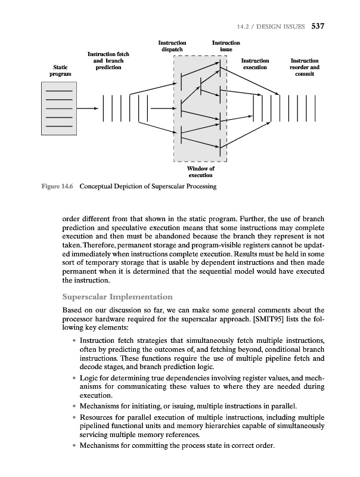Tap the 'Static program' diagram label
60,71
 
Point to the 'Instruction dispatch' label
172,47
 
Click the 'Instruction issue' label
226,47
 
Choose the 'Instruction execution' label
255,64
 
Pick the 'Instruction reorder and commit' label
305,68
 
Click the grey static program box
59,109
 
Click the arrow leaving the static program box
88,109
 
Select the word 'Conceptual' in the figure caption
99,186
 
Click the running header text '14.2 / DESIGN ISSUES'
271,27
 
